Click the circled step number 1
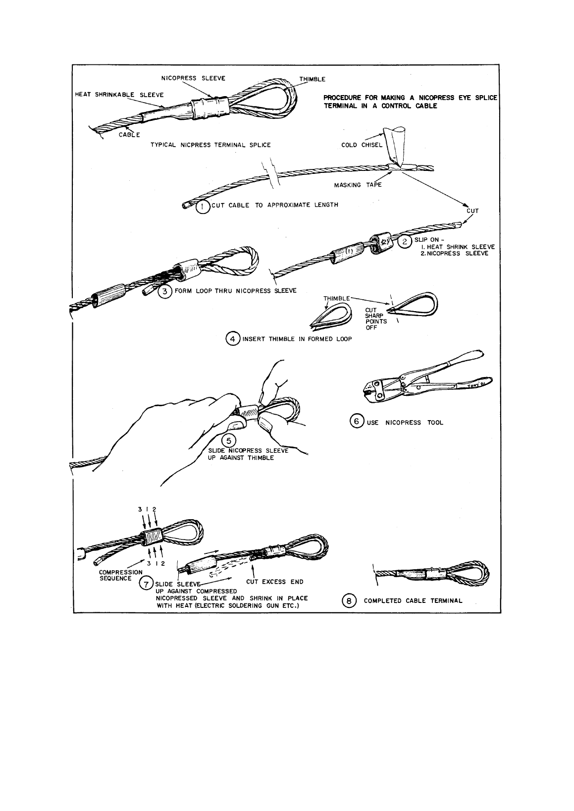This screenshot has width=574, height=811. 203,208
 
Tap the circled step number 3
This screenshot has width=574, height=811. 164,291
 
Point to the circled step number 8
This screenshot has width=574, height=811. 349,601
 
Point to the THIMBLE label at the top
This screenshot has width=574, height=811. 313,79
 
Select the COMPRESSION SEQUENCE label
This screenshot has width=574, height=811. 121,575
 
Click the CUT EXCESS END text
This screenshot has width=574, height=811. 275,582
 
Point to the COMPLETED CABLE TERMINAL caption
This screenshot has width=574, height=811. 413,601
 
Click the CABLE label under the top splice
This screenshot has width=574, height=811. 129,135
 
